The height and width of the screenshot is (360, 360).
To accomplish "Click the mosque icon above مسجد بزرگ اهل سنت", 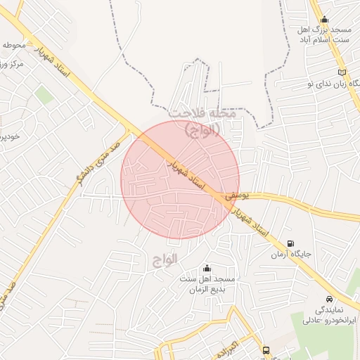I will pos(324,20).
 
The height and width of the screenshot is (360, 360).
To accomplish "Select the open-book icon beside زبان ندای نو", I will pos(342,72).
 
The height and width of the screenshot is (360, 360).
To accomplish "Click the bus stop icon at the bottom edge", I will pos(266,350).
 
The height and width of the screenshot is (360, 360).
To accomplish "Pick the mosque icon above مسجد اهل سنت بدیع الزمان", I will pos(207,268).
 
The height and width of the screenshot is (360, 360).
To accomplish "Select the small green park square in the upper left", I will pos(44,96).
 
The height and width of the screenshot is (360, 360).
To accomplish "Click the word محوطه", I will pos(13,46).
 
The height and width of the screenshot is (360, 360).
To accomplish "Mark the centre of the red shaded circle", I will pos(180,180).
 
